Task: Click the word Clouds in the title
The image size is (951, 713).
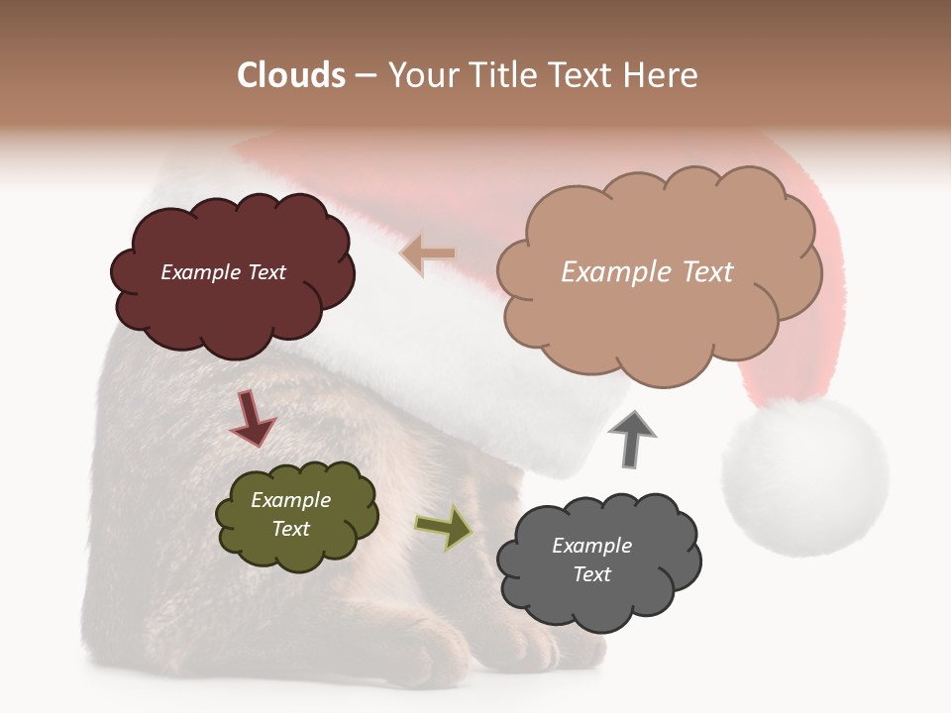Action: click(291, 75)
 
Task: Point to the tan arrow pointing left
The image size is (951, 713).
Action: click(428, 255)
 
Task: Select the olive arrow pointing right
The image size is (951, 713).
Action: click(444, 527)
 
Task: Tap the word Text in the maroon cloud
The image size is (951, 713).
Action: click(266, 272)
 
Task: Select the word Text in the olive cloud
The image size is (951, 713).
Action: click(291, 529)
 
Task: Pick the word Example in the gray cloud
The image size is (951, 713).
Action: click(591, 546)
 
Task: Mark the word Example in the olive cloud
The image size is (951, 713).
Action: click(291, 500)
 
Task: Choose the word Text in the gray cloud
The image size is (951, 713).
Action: click(591, 574)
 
